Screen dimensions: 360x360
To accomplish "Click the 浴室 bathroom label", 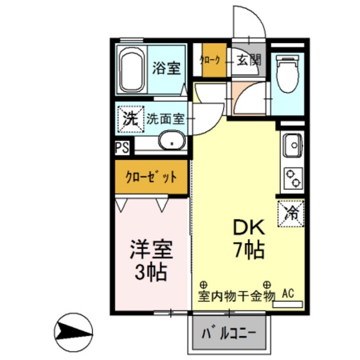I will [166, 67].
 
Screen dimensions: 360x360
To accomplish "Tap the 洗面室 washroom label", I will [165, 118].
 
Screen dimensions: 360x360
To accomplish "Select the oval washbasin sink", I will [170, 141].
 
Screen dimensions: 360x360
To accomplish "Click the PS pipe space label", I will [122, 147].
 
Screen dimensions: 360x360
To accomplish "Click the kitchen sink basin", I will [291, 146].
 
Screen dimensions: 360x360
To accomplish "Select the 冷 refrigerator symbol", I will [291, 213].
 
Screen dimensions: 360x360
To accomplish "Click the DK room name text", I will [244, 227].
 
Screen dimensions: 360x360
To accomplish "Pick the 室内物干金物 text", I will [236, 295].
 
